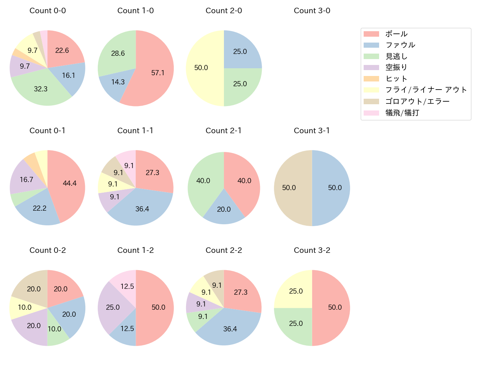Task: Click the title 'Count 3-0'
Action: click(312, 11)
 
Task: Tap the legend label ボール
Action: click(396, 34)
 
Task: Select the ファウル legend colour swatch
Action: click(371, 45)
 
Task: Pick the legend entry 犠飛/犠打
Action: click(402, 113)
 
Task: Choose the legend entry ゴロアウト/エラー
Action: click(417, 101)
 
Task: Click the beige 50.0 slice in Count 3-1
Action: click(290, 188)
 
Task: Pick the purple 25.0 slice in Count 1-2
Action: click(113, 308)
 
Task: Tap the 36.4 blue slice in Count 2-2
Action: click(230, 328)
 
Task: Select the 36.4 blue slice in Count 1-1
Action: click(142, 209)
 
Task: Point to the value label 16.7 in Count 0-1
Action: click(27, 179)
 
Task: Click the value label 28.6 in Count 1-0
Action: click(118, 54)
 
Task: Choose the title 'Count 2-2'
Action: click(224, 250)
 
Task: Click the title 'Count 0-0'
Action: click(47, 11)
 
